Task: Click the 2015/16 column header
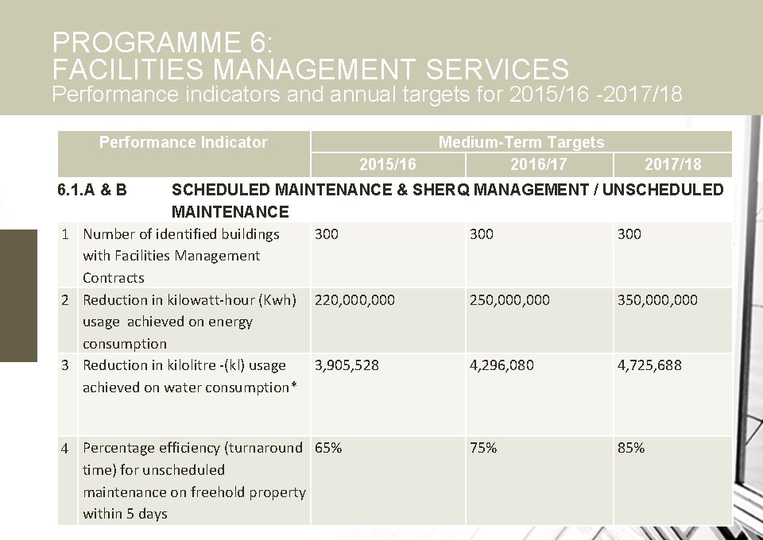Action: coord(387,164)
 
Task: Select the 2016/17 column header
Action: coord(539,164)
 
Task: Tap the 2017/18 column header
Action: coord(672,164)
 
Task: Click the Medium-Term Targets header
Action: coord(521,142)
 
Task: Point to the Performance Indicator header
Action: coord(183,142)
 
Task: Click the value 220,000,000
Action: coord(354,300)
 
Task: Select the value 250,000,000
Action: coord(509,300)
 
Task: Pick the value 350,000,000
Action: coord(657,300)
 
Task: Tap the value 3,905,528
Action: coord(347,365)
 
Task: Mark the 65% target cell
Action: coord(328,448)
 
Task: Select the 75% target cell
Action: coord(483,448)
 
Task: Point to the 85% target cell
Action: coord(631,448)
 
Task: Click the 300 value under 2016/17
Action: coord(482,234)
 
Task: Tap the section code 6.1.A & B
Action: coord(92,190)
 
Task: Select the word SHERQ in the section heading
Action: coord(442,190)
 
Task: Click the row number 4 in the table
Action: coord(66,449)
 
